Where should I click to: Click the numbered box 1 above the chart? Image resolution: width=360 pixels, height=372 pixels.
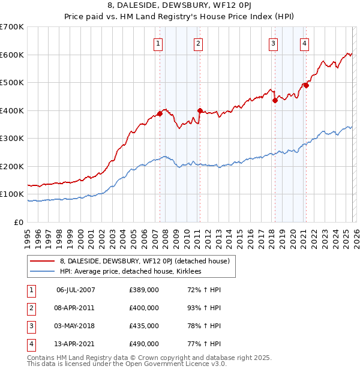[158, 43]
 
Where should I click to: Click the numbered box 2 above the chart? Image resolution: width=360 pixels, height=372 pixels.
[197, 43]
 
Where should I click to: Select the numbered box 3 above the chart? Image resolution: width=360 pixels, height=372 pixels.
[273, 43]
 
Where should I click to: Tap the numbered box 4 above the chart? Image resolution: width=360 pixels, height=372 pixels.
[305, 43]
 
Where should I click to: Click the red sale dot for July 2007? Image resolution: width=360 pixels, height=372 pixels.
[160, 113]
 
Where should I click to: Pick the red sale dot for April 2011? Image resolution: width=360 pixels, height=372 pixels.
[200, 110]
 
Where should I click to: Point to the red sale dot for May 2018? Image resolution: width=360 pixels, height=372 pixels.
[275, 101]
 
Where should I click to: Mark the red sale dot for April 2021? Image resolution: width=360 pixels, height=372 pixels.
[306, 85]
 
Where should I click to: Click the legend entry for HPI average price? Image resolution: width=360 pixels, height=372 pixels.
[133, 272]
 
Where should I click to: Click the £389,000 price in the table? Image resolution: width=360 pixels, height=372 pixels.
[144, 290]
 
